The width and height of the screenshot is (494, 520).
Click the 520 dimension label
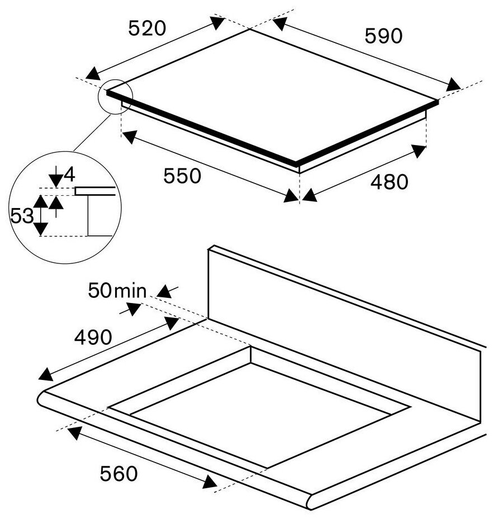[147, 28]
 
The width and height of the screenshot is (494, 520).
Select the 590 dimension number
[383, 36]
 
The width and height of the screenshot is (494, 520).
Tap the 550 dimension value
[182, 176]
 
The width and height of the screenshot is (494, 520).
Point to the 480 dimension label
[389, 182]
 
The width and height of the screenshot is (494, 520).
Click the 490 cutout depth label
[93, 338]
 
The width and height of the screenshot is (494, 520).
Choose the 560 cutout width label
[118, 474]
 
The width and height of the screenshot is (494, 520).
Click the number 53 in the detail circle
[22, 216]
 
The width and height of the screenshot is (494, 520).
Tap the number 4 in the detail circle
[69, 175]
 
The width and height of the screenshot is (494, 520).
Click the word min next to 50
[130, 291]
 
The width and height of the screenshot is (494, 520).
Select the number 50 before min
[99, 291]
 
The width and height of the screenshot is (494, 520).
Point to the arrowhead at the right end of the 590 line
[453, 85]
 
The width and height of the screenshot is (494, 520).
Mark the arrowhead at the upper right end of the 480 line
[419, 151]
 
